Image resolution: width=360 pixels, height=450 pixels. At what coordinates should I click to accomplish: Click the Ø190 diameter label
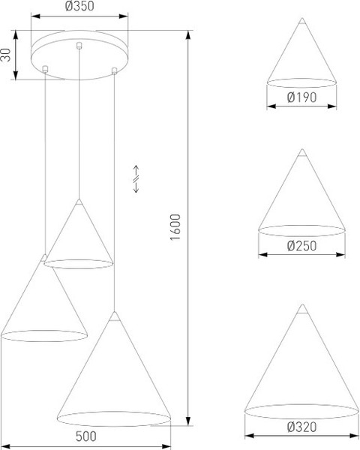pos(301,97)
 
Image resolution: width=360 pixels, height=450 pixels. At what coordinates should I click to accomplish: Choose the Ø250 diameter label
pos(301,245)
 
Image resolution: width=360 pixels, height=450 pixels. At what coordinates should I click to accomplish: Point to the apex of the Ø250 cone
pos(302,153)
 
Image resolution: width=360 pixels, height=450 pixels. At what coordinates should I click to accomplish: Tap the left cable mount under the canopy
pos(46,70)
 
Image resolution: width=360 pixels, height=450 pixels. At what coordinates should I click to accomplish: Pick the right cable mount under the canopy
pos(113,71)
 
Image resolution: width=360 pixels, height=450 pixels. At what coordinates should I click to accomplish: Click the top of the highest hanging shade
pos(78,201)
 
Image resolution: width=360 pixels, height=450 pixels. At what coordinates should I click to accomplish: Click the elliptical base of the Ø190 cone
pos(301,81)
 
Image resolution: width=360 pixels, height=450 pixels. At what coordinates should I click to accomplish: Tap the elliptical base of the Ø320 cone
pos(301,410)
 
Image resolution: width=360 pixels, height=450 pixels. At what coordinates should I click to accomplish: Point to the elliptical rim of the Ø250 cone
pos(301,227)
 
